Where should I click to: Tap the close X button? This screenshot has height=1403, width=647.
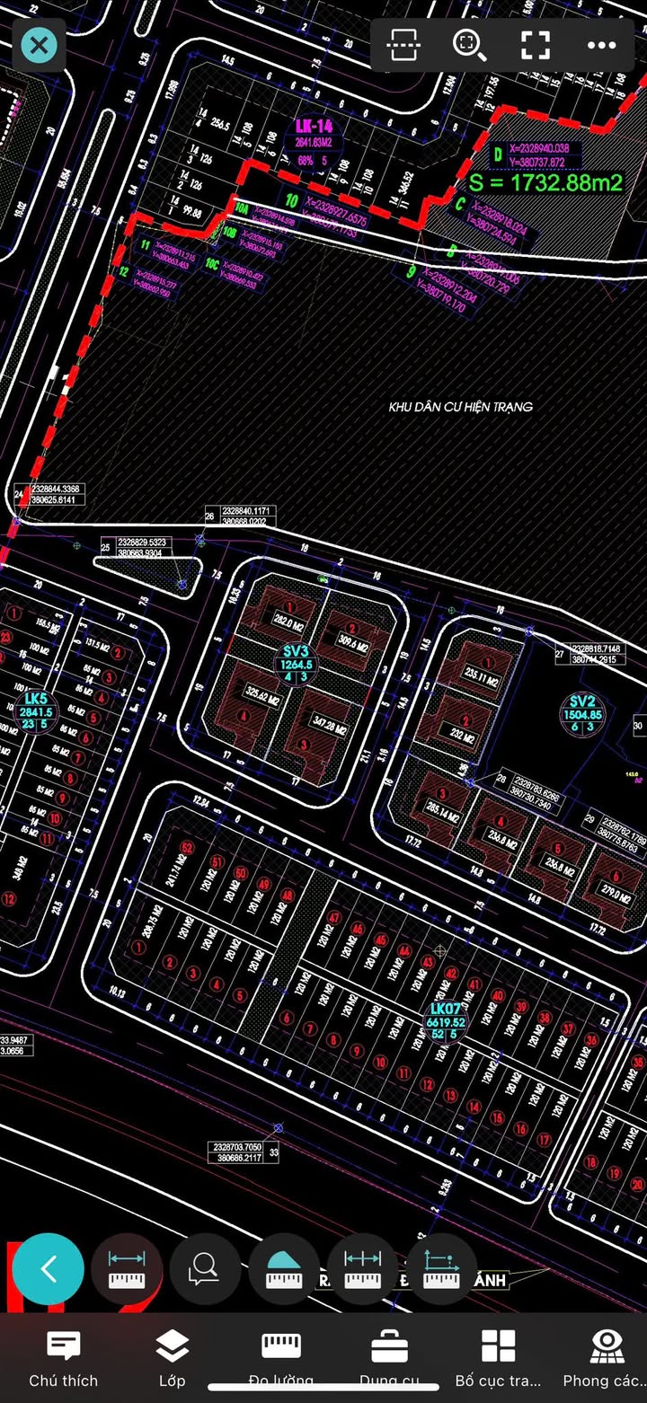pyautogui.click(x=39, y=45)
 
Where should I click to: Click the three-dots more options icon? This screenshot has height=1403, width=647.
pyautogui.click(x=601, y=45)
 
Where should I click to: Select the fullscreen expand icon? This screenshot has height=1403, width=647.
pyautogui.click(x=536, y=45)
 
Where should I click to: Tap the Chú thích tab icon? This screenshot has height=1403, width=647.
pyautogui.click(x=63, y=1346)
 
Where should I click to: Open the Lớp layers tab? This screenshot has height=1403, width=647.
pyautogui.click(x=172, y=1346)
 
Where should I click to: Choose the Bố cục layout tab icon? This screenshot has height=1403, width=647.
pyautogui.click(x=498, y=1346)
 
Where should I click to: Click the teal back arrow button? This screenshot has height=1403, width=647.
pyautogui.click(x=49, y=1269)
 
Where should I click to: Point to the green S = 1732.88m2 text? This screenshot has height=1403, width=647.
pyautogui.click(x=545, y=182)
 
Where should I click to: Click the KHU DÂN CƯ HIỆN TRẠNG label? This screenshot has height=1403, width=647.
pyautogui.click(x=460, y=407)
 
